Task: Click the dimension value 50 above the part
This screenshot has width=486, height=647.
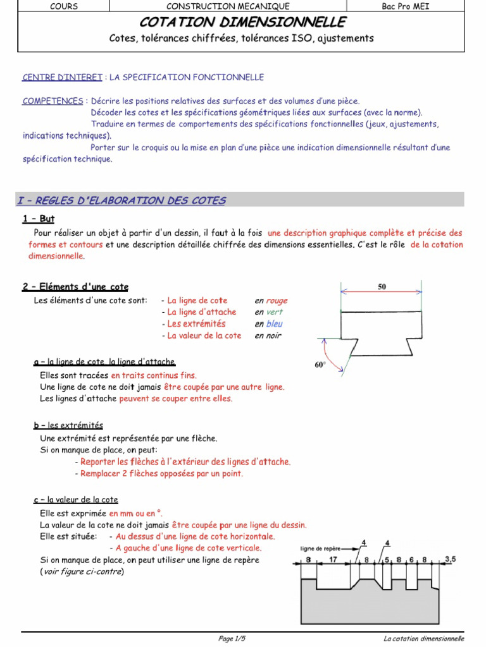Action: point(382,287)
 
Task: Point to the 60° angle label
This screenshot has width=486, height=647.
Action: point(320,365)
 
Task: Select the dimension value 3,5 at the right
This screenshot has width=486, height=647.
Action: point(451,559)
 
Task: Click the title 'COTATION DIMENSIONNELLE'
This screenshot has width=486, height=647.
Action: point(242,23)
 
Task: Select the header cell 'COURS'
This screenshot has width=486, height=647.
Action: point(63,6)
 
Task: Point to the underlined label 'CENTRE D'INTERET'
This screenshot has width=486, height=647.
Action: point(62,77)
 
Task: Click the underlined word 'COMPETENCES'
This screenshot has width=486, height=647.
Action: point(53,101)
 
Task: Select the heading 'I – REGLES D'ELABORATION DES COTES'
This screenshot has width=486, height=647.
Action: point(121,201)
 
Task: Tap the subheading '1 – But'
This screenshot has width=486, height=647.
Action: point(39,219)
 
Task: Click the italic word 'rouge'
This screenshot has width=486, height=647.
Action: point(277,301)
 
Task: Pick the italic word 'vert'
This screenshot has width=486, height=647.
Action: point(274,312)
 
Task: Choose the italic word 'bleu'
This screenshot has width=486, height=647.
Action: point(274,323)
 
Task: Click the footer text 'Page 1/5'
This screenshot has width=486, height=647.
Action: point(233,639)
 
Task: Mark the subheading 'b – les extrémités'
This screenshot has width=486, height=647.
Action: point(68,425)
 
